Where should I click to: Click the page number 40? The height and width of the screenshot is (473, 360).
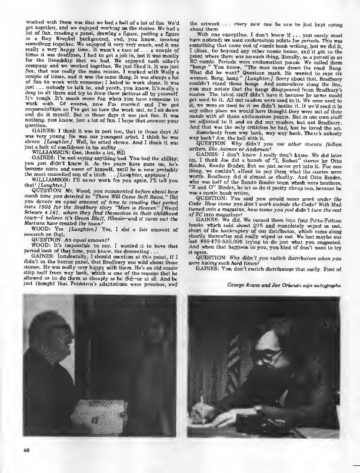[x=28, y=449]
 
